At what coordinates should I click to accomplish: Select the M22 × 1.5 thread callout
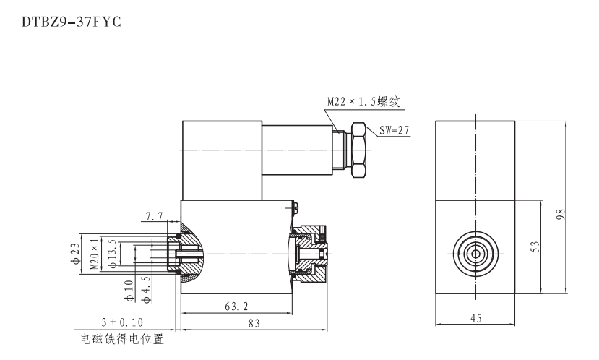click(363, 103)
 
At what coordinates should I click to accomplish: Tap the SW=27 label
click(394, 131)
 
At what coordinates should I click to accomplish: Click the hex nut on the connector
click(360, 150)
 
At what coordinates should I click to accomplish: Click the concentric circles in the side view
click(475, 253)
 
